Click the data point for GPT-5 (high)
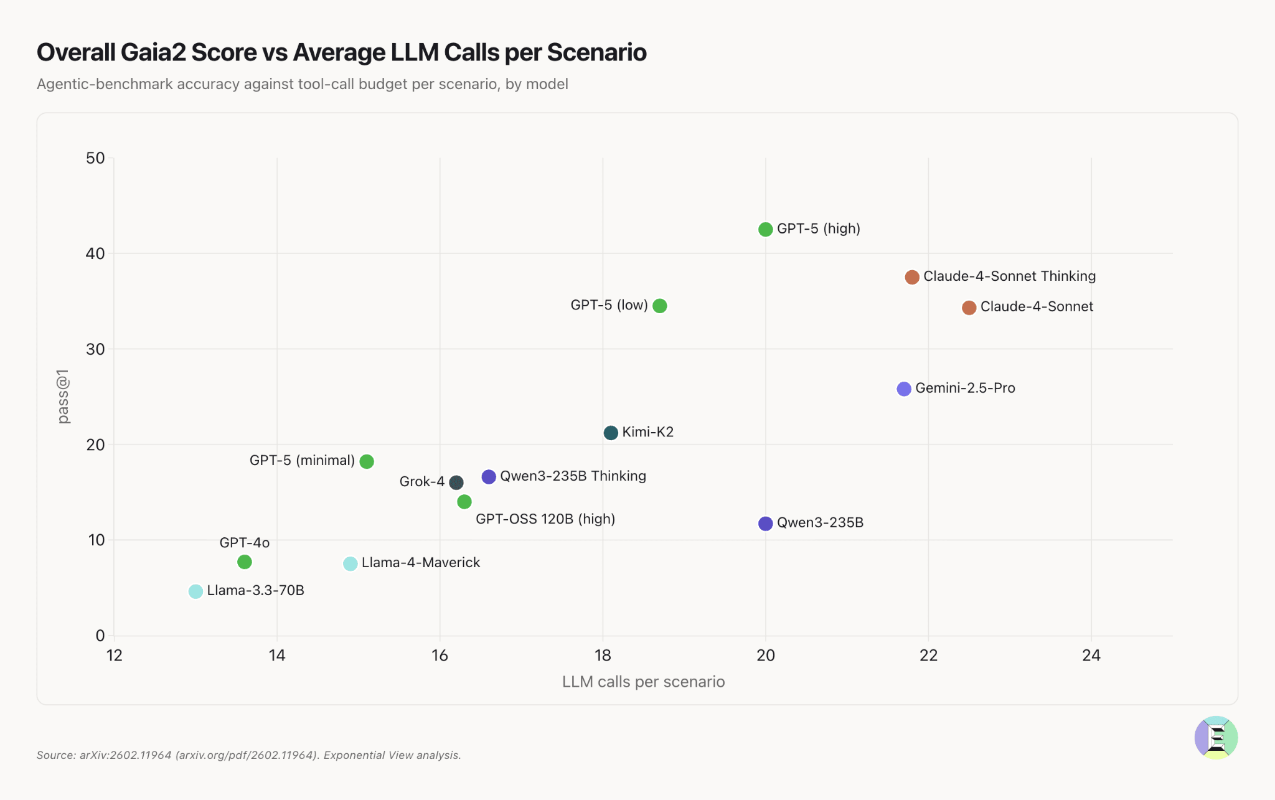765,229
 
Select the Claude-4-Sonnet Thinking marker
912,277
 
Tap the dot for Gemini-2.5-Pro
904,389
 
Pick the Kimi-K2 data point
611,433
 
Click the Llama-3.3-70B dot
195,591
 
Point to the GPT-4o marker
245,562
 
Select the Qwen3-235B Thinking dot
489,477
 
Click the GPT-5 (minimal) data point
367,461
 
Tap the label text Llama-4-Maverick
421,563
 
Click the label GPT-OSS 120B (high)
545,519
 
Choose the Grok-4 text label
422,482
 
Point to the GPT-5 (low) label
609,306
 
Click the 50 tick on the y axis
95,158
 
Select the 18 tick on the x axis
603,655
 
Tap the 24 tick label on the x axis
1091,655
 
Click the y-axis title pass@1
63,397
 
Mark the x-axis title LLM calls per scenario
643,682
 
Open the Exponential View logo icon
1216,737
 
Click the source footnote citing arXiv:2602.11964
249,755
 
